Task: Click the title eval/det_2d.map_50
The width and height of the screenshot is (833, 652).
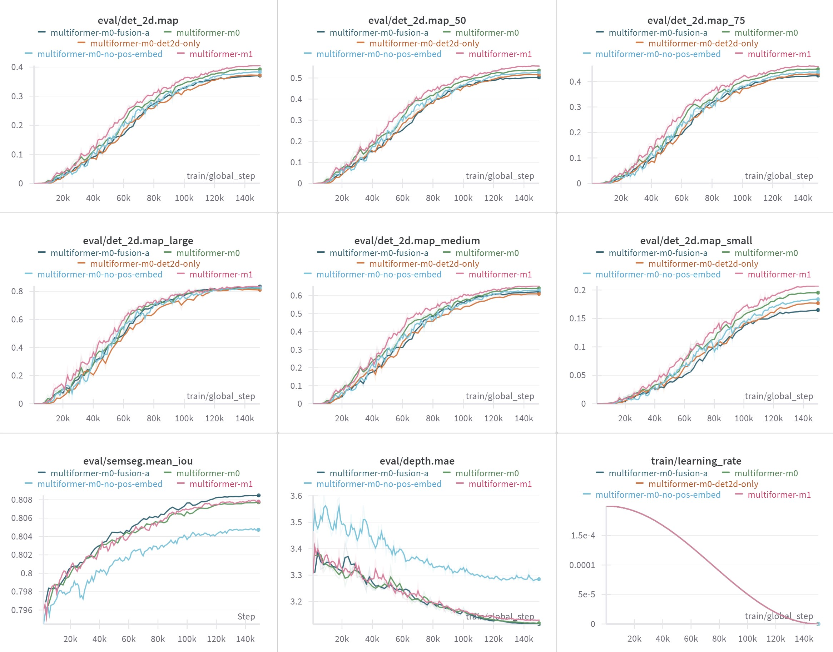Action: click(417, 20)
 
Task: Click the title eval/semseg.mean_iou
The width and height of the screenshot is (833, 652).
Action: click(138, 461)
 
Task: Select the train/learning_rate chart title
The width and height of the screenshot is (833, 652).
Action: click(696, 461)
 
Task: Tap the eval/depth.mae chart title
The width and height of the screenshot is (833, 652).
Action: click(417, 461)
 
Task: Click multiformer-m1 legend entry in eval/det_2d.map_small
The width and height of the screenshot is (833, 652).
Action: click(779, 274)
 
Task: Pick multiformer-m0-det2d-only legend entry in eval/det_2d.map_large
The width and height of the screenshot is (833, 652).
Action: click(145, 264)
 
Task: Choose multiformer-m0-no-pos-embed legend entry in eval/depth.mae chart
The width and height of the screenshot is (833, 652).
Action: click(378, 484)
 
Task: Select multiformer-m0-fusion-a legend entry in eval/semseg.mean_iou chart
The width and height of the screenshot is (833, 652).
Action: click(100, 473)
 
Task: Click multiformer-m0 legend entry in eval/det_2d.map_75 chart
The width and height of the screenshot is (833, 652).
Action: click(766, 32)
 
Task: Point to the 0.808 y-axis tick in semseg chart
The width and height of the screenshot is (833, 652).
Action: click(22, 499)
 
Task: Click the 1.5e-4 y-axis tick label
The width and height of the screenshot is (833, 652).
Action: click(582, 535)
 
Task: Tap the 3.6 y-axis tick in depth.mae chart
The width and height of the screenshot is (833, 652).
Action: click(296, 496)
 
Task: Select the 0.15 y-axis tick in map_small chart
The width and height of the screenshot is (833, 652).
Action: click(577, 318)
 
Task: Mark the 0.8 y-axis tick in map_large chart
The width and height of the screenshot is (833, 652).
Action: click(17, 291)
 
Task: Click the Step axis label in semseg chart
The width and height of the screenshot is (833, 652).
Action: click(246, 616)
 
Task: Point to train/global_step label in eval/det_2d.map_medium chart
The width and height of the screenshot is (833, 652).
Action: click(500, 396)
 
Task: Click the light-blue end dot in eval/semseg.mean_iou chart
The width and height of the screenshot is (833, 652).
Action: click(259, 530)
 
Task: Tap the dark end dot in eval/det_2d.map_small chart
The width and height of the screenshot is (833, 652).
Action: click(818, 310)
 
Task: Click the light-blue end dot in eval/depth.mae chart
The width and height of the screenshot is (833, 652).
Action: click(539, 579)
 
